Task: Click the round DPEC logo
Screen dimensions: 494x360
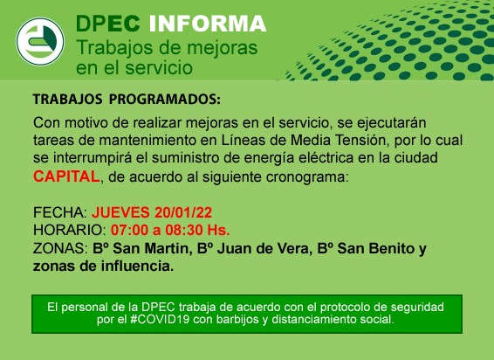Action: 40,42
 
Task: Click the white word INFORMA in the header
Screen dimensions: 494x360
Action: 208,24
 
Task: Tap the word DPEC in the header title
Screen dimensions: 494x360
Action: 108,24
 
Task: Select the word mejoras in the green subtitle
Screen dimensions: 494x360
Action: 222,49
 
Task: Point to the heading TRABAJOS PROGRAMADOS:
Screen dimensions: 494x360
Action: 127,100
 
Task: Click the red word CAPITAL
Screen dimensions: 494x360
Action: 66,177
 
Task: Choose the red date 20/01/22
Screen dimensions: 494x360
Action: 183,212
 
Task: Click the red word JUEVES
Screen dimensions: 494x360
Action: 120,212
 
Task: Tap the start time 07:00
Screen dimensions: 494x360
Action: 129,231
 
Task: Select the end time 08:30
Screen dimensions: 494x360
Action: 184,231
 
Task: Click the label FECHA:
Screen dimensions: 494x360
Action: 60,212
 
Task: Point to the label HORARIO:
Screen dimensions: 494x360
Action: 70,231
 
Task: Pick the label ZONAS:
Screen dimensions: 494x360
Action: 60,248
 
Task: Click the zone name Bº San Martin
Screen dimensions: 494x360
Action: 141,248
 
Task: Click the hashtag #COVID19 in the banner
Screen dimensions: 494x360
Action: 160,320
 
